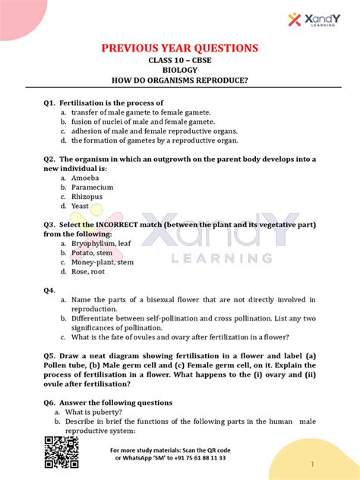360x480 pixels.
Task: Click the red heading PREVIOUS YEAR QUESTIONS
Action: pos(180,49)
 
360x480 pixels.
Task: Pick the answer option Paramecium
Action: pos(93,187)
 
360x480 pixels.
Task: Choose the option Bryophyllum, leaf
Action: pos(101,244)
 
